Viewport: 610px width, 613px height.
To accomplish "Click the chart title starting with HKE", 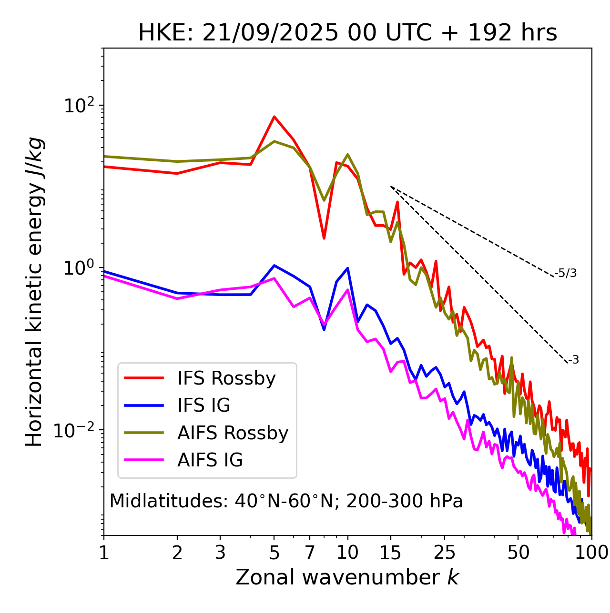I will (347, 33).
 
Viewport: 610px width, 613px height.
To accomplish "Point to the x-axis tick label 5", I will (274, 553).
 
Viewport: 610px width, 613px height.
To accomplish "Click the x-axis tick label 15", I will (391, 553).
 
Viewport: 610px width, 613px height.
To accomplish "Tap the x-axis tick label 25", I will (445, 553).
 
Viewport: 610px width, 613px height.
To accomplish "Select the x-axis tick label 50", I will (518, 553).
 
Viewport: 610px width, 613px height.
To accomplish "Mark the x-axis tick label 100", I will (591, 553).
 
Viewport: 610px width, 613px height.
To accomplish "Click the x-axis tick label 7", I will (310, 553).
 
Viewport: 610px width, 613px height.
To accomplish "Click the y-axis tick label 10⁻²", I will (76, 430).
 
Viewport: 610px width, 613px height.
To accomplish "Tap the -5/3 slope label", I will (566, 274).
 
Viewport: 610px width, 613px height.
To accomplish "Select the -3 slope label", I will (573, 360).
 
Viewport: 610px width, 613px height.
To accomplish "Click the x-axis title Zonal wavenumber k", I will (347, 578).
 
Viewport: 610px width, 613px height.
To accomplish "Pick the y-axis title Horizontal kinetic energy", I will (34, 292).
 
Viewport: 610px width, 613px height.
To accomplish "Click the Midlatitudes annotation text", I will (286, 501).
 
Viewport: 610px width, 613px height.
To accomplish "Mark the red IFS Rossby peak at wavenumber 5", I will (274, 117).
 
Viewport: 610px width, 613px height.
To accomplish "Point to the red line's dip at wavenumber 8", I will (324, 238).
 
